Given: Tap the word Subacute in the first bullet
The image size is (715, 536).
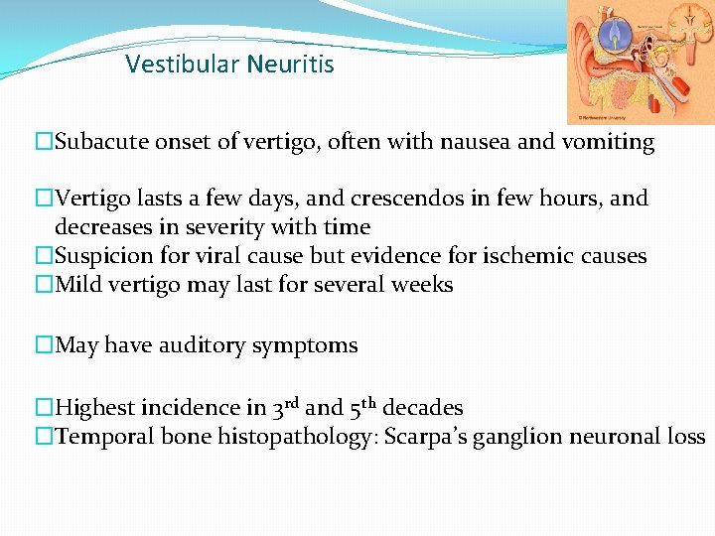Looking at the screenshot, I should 100,142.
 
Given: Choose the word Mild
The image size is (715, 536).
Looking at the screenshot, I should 79,285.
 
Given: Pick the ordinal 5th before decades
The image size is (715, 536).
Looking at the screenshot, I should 363,407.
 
